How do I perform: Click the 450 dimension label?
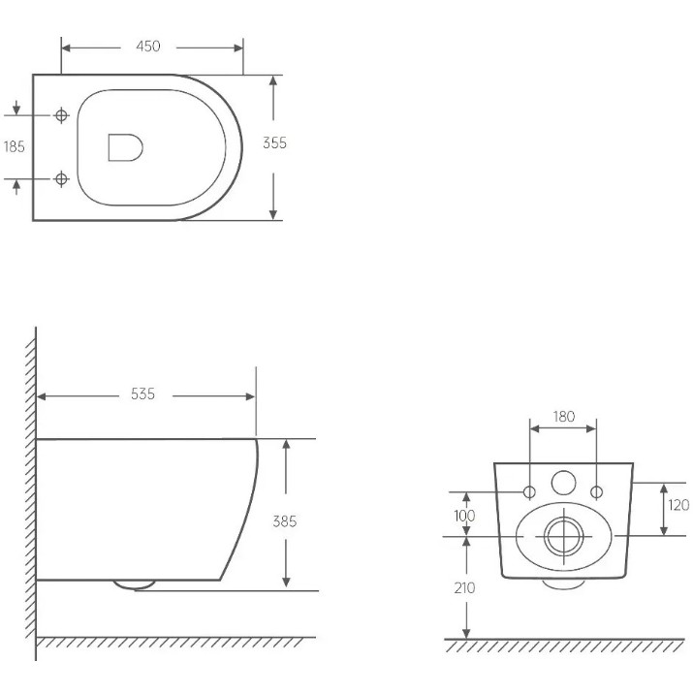point(148,47)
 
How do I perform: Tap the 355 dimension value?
point(274,143)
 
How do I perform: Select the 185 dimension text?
point(15,146)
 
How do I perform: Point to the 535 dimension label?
point(142,394)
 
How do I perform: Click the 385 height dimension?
point(285,521)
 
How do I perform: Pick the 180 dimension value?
point(564,417)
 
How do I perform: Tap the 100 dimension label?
point(464,516)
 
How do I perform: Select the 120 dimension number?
point(678,505)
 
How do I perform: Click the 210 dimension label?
point(464,587)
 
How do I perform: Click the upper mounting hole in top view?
point(61,115)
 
